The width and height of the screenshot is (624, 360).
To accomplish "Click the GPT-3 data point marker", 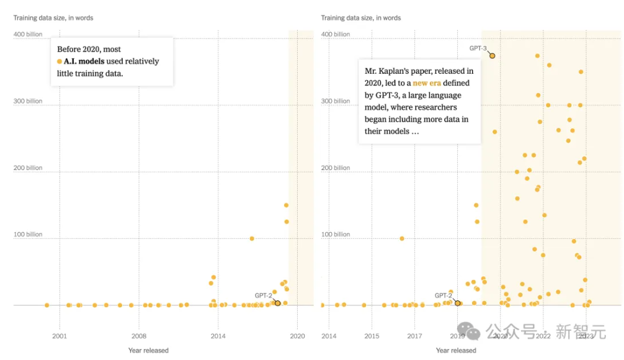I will point(492,56).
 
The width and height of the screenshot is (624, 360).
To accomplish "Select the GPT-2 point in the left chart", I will point(277,303).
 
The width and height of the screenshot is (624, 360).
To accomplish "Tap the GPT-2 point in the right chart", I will point(458,303).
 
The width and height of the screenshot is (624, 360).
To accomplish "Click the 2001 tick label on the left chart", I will point(60,336).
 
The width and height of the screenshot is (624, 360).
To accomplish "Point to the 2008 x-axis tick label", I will point(139,336).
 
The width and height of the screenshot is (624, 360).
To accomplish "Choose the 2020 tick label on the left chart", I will point(297,336).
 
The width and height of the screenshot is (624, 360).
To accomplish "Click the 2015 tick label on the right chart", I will point(372,336).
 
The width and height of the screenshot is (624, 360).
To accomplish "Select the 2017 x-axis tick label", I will point(414,336).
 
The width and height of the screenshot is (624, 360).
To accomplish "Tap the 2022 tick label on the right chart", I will point(543,336).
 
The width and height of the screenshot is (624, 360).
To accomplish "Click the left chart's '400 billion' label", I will point(28,34).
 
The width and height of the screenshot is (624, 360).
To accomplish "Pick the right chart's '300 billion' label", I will point(336,101).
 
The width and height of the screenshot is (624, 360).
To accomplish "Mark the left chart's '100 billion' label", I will point(28,234).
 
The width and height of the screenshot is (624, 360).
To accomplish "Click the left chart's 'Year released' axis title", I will point(148,351).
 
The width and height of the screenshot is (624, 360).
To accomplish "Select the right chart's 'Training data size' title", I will point(361,17).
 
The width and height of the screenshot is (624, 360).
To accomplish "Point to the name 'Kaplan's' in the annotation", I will point(403,71).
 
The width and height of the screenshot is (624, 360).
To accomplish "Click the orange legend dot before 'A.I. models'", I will point(60,61).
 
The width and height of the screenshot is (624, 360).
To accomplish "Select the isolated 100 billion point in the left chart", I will point(252,238).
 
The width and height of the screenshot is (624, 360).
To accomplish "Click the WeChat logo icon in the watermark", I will point(473,333).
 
